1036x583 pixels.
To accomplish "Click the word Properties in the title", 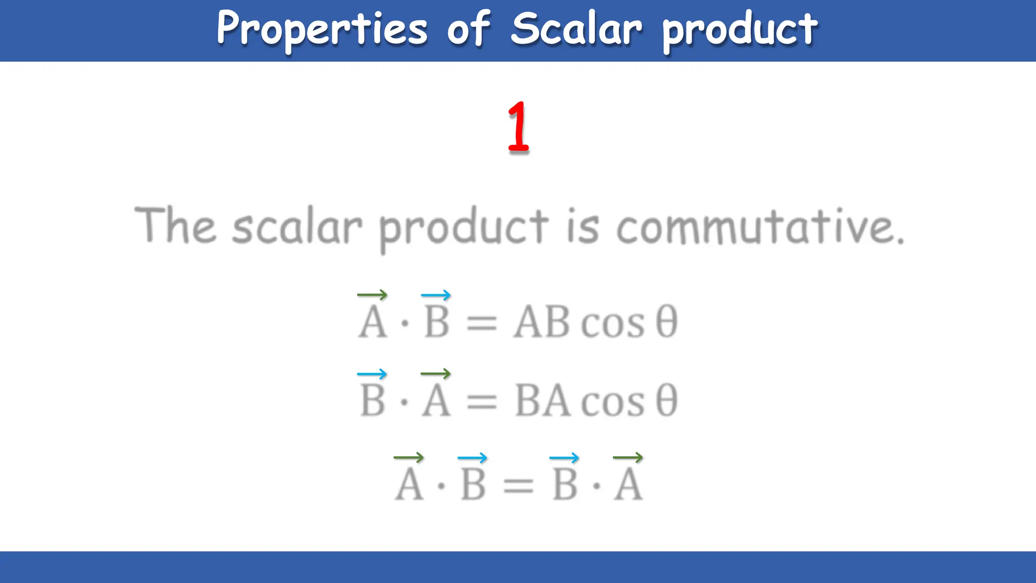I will (x=322, y=29).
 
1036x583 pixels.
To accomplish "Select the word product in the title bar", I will (x=740, y=30).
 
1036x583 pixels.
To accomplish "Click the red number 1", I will (x=518, y=128).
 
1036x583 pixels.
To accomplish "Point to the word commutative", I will (x=760, y=226).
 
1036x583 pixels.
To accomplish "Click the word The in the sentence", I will (x=175, y=225).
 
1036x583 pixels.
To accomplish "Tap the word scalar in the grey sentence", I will (x=297, y=226).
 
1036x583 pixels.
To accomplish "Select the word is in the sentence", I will (x=582, y=226).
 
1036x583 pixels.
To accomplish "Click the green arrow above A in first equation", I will (x=372, y=295).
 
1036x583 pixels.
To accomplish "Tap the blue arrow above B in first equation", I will (x=436, y=295).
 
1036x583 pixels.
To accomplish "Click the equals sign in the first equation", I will (x=482, y=323).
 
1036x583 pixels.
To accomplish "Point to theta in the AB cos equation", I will (x=666, y=322).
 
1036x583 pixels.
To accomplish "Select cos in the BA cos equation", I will (x=613, y=402).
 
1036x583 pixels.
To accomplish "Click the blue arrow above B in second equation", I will (x=372, y=374).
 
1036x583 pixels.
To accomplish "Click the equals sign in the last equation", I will (x=518, y=486).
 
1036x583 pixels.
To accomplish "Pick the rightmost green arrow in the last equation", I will (x=628, y=457).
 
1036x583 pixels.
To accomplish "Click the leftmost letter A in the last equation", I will (x=409, y=485).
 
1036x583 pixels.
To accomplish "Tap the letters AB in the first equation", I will (x=542, y=322).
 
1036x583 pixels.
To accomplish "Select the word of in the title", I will (x=468, y=29).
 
